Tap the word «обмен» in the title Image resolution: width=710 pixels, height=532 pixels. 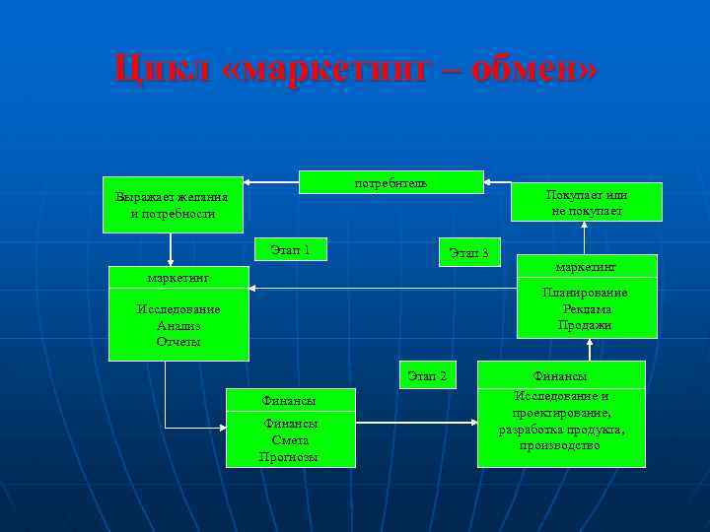[x=532, y=70]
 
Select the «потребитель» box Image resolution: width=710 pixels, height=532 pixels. [x=390, y=183]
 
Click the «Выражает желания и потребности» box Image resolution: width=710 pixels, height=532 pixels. [x=172, y=205]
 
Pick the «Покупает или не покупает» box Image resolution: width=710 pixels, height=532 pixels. [x=588, y=203]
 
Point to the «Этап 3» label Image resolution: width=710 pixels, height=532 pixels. [x=468, y=253]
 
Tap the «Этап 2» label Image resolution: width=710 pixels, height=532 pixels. [x=427, y=375]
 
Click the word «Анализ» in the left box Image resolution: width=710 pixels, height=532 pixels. [x=178, y=325]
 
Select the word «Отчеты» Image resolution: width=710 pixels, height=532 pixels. [x=178, y=341]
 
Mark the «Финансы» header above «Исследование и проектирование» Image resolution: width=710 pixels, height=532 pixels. [x=560, y=376]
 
